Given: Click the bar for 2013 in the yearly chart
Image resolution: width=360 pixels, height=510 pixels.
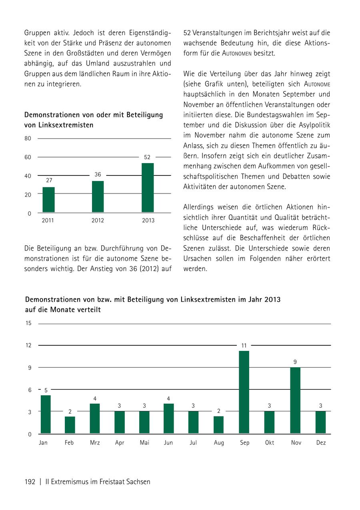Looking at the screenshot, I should coord(148,187).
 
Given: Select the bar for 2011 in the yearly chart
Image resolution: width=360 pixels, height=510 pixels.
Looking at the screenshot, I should coord(49,199).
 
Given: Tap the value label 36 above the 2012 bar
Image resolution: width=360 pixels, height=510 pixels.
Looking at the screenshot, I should coord(98,175).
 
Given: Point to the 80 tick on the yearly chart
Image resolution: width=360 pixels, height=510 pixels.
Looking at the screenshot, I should coord(28,139).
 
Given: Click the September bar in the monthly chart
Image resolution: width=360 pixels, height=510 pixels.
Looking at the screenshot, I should coord(244,392).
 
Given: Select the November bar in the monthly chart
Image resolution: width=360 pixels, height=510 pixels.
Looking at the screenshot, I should coord(295,400).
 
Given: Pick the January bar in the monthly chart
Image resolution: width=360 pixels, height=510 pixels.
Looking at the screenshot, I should coord(46,414).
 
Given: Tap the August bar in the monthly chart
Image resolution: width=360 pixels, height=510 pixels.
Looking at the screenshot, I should coord(218,425).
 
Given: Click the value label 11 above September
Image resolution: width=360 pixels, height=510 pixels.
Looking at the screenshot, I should coord(244,345).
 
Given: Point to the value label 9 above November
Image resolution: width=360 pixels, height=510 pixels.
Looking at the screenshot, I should coord(295,362).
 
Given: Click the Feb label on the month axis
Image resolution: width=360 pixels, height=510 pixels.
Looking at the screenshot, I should coord(69,443).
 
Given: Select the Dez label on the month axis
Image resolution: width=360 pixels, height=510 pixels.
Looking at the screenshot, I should coord(321,443).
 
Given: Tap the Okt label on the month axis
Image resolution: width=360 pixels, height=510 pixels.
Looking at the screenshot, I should coord(270,443).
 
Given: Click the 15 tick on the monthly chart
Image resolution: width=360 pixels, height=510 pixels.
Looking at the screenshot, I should coord(28,323).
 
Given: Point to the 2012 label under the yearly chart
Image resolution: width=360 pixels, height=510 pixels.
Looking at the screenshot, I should coord(98,221).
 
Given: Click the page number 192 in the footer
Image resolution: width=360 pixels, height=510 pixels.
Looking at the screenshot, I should coord(30,482).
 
